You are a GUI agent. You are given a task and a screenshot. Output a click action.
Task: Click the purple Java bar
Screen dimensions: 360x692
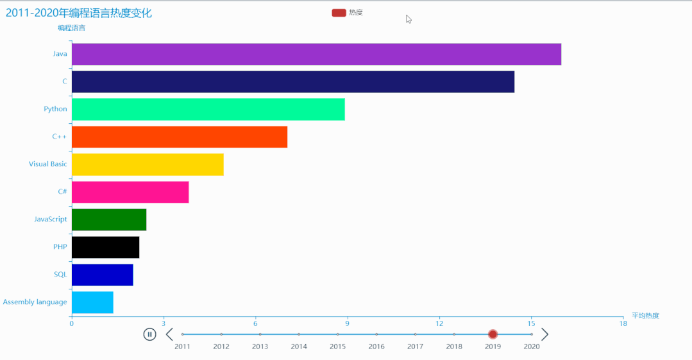(x=316, y=54)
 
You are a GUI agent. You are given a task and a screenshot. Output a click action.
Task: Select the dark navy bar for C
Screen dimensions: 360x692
(x=292, y=81)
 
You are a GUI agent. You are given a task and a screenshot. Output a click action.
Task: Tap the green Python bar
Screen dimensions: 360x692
(x=208, y=109)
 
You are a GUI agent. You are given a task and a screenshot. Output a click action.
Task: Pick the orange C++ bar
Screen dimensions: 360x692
(x=179, y=137)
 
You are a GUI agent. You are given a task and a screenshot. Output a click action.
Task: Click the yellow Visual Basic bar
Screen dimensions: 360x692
(x=148, y=164)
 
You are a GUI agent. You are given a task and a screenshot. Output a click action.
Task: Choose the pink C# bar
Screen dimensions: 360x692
(x=130, y=192)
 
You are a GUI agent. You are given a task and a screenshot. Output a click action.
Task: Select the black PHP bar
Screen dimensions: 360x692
(x=105, y=247)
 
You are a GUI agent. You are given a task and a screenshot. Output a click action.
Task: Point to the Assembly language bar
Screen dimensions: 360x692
(x=92, y=302)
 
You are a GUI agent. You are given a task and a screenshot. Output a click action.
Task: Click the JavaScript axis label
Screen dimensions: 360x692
(x=51, y=219)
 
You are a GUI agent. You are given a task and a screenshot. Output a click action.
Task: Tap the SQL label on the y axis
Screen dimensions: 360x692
(x=60, y=275)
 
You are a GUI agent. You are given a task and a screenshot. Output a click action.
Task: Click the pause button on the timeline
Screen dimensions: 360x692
(x=149, y=334)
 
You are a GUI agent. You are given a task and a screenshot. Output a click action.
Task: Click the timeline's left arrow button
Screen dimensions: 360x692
(x=169, y=334)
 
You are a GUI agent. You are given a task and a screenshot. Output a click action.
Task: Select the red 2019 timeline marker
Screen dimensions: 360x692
(x=493, y=334)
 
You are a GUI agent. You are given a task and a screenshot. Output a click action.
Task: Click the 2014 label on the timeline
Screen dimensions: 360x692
(x=299, y=347)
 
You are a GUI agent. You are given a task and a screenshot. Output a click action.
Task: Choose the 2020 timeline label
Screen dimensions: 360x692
(x=532, y=347)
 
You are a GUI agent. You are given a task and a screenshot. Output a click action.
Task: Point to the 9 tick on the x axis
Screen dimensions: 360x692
(x=347, y=323)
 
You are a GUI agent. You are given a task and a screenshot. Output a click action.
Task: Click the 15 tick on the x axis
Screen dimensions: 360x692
(x=531, y=323)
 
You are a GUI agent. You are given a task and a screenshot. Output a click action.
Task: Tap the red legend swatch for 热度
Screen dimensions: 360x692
(x=339, y=13)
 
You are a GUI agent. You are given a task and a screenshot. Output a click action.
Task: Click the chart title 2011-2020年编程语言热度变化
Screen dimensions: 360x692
(x=79, y=13)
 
